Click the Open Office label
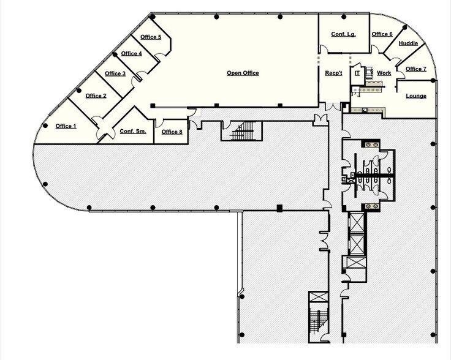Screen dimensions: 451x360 coord(243,73)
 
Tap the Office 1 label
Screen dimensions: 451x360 coord(66,126)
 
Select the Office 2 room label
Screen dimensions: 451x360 coord(96,96)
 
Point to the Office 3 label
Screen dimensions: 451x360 coord(115,73)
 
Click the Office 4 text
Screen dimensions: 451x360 coord(132,53)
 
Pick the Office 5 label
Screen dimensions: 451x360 coord(151,37)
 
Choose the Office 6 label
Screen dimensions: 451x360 coord(382,34)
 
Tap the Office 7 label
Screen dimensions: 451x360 coord(416,69)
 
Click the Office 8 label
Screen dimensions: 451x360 coord(172,132)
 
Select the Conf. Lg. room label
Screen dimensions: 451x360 coord(343,34)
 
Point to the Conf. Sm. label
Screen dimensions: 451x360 coord(133,131)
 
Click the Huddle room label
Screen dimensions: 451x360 coord(408,43)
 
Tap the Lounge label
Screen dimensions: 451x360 coord(416,96)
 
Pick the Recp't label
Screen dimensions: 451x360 coord(333,73)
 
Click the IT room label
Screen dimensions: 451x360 coord(357,73)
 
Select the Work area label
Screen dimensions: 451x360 coord(384,73)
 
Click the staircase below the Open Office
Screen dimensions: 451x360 coord(242,131)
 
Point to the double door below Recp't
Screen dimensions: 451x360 coord(333,107)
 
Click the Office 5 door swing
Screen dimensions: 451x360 coord(161,56)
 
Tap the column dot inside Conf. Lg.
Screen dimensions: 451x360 coord(344,17)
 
